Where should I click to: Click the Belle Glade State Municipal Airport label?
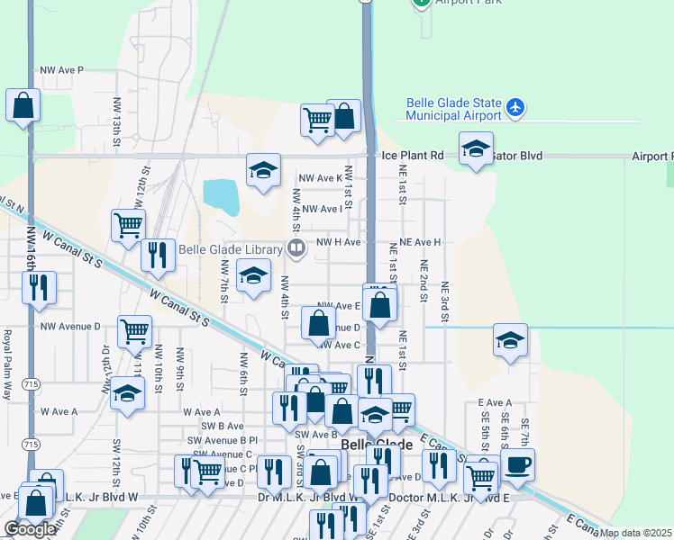pos(453,110)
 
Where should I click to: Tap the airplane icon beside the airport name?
pos(515,108)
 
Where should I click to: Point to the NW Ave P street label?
pos(62,69)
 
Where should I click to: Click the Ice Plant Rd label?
pos(413,156)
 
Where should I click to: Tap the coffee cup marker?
pos(517,465)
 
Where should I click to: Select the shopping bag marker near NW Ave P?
pos(23,105)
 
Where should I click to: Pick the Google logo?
pos(29,529)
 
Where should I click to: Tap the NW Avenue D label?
pos(70,326)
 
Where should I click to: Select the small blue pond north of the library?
pos(221,196)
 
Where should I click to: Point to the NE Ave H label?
pos(420,242)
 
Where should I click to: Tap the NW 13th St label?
pos(117,131)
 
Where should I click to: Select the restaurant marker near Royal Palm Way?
pos(39,287)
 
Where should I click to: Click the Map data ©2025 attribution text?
pos(636,533)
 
